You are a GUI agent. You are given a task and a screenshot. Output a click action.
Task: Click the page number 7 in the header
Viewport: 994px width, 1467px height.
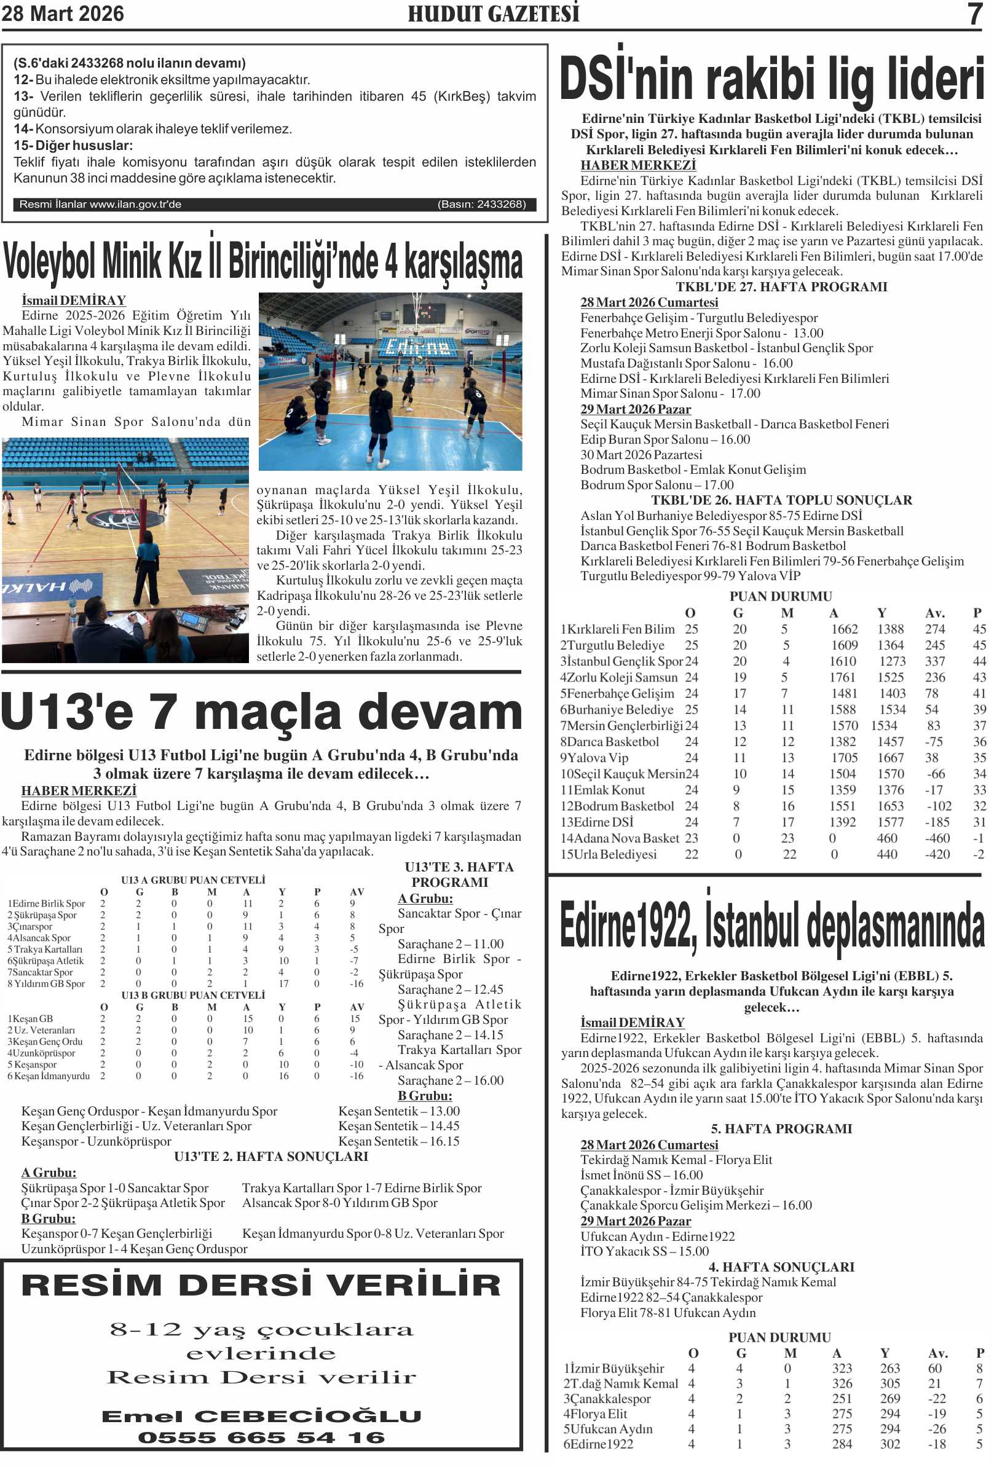974,14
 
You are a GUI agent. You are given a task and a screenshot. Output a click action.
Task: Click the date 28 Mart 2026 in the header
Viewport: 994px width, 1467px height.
63,14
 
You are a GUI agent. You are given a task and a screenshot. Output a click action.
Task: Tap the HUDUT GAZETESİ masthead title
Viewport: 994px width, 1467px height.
493,14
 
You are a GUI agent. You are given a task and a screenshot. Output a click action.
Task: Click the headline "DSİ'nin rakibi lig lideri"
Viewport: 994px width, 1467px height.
771,79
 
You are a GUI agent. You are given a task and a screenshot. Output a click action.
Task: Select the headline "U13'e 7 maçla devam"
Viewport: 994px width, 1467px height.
261,712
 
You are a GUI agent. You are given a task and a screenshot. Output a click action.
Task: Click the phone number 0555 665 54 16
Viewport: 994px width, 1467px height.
261,1438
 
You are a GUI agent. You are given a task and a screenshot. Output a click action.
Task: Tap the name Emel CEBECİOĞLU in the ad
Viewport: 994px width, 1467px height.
261,1416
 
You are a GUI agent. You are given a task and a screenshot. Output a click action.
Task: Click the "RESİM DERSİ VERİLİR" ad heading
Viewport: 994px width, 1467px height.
261,1286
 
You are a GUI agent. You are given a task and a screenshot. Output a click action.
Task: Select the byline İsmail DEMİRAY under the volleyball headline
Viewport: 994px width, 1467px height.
74,301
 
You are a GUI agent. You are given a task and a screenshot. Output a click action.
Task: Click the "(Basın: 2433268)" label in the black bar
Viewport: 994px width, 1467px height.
481,205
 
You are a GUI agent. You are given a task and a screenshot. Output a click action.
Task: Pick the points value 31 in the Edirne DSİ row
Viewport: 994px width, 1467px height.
979,822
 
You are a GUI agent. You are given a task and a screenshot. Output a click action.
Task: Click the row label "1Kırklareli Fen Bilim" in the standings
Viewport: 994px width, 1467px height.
617,629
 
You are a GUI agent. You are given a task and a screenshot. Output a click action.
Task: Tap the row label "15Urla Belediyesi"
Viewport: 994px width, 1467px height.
608,854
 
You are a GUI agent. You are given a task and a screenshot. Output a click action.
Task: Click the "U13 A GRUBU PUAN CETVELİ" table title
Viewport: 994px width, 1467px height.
193,880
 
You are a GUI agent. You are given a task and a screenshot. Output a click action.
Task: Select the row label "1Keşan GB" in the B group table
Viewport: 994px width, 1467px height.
30,1018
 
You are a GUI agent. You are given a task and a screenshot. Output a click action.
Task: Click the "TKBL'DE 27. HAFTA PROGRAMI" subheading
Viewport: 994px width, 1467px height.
781,287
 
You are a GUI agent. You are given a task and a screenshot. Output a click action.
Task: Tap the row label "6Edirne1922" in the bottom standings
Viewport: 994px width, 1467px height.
598,1444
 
